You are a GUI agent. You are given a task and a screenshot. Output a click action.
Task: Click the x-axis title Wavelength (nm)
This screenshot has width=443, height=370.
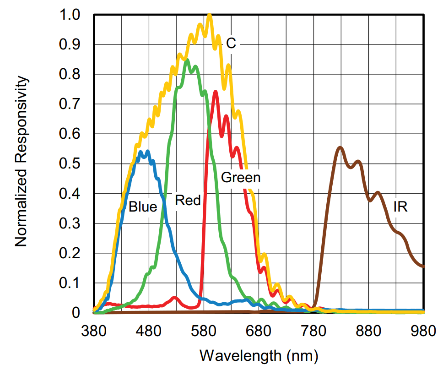pyautogui.click(x=259, y=355)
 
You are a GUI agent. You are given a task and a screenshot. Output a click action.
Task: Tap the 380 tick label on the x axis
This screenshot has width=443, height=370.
pyautogui.click(x=94, y=330)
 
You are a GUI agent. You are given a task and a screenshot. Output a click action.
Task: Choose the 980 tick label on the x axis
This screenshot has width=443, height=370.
pyautogui.click(x=424, y=330)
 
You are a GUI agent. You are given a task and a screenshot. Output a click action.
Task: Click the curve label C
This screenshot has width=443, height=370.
pyautogui.click(x=231, y=43)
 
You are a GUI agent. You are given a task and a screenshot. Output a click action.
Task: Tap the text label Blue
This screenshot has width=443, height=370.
pyautogui.click(x=143, y=207)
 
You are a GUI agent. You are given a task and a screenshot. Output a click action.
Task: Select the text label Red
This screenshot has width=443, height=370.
pyautogui.click(x=188, y=200)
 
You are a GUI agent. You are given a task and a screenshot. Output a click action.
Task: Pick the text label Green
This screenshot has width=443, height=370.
pyautogui.click(x=241, y=178)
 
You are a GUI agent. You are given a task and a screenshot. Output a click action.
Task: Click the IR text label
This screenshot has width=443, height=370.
pyautogui.click(x=400, y=207)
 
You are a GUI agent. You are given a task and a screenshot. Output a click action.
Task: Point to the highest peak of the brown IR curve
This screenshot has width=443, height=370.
pyautogui.click(x=340, y=147)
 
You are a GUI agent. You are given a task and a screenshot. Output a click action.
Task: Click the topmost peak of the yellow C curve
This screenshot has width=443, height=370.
pyautogui.click(x=210, y=15)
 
